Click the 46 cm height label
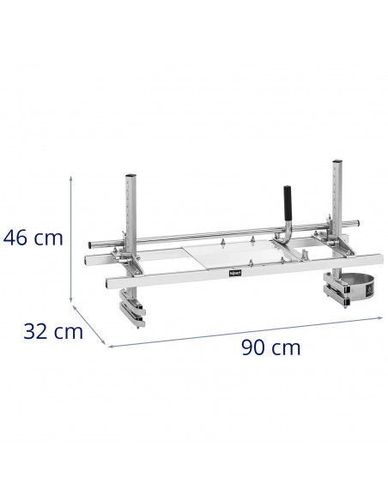pyautogui.click(x=34, y=238)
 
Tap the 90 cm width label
pyautogui.click(x=272, y=347)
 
